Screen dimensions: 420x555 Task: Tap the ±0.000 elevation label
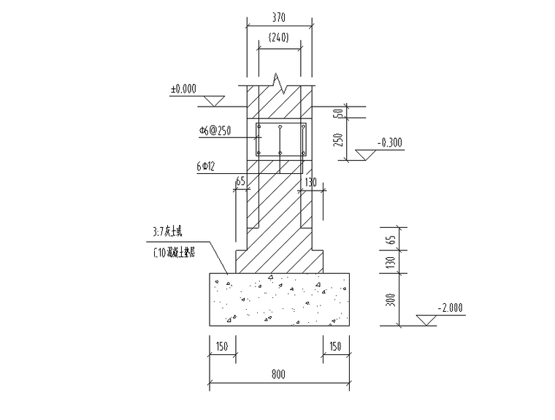coord(183,89)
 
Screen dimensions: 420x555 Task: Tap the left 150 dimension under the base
coord(222,345)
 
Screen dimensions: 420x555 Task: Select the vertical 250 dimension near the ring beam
coord(338,139)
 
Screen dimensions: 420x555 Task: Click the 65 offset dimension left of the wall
coord(240,182)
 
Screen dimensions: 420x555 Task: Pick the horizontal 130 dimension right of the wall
coord(310,182)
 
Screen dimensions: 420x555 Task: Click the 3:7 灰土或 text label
coord(169,232)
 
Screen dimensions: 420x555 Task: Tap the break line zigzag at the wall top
coord(280,80)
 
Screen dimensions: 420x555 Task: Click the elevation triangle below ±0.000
coord(212,99)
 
